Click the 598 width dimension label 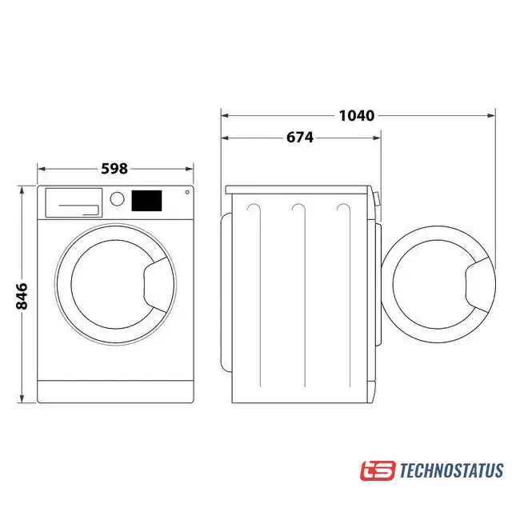tap(114, 169)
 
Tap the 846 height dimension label tap(22, 296)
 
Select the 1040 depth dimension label tap(357, 115)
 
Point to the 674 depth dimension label tap(300, 138)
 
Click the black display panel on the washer tap(146, 201)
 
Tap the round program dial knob tap(117, 198)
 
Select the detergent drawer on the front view tap(74, 202)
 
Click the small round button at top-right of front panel tap(187, 192)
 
